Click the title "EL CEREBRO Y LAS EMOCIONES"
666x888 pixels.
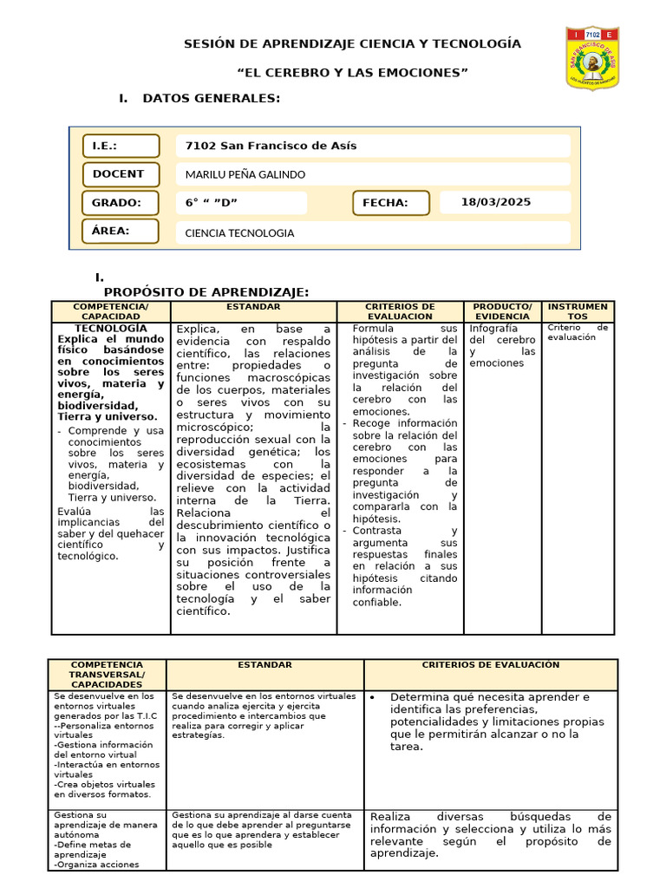(352, 73)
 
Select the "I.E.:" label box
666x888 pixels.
(121, 146)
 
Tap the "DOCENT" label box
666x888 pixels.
(121, 174)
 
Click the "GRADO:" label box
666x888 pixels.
(121, 203)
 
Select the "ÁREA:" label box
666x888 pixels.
(121, 231)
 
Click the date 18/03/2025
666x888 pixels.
(496, 202)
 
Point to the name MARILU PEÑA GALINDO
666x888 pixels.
(245, 174)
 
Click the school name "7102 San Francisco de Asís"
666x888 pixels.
(271, 146)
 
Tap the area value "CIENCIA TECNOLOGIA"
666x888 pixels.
(239, 232)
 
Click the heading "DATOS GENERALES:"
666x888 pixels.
(211, 99)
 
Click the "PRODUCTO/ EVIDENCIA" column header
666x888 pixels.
(502, 311)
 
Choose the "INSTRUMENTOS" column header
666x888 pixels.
(578, 311)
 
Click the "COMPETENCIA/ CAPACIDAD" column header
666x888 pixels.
(111, 311)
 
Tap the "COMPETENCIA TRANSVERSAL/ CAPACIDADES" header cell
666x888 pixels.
(107, 674)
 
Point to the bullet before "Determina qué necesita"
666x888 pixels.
(372, 697)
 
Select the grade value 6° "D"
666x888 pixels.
(212, 203)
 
